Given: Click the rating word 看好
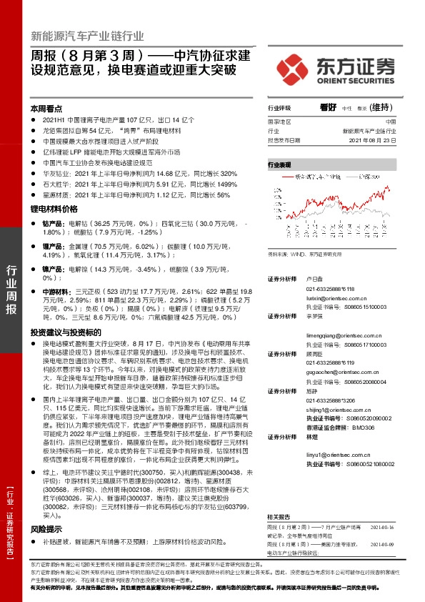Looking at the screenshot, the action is coord(329,108).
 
